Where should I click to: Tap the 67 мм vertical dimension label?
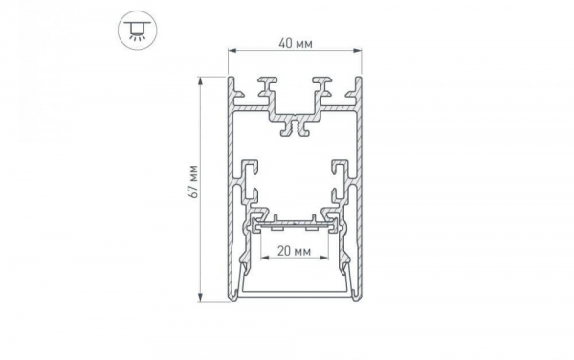pyautogui.click(x=193, y=181)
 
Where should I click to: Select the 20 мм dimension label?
pyautogui.click(x=293, y=253)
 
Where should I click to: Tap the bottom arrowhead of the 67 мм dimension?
pyautogui.click(x=201, y=298)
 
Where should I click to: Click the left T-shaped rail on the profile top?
pyautogui.click(x=262, y=92)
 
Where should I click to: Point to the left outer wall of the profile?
pyautogui.click(x=231, y=191)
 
